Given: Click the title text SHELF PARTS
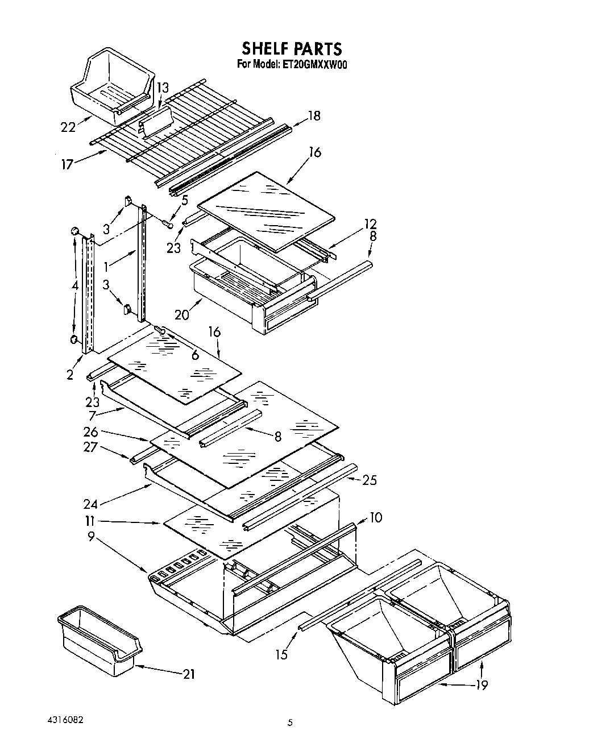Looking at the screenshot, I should point(292,48).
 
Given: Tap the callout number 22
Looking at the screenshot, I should point(68,127).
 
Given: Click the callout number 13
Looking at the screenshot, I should point(163,88).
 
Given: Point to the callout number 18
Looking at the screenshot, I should point(314,116).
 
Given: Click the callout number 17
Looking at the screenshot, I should point(67,165).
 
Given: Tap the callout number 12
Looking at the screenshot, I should point(371,224).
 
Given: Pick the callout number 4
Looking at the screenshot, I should point(75,287).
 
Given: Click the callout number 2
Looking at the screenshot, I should point(70,375).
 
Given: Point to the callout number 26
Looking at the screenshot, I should point(90,433).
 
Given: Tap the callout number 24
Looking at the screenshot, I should point(90,503).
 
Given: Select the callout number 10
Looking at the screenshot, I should point(375,517).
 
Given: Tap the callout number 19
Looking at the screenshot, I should point(482,685).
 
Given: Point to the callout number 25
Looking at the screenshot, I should point(370,481).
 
